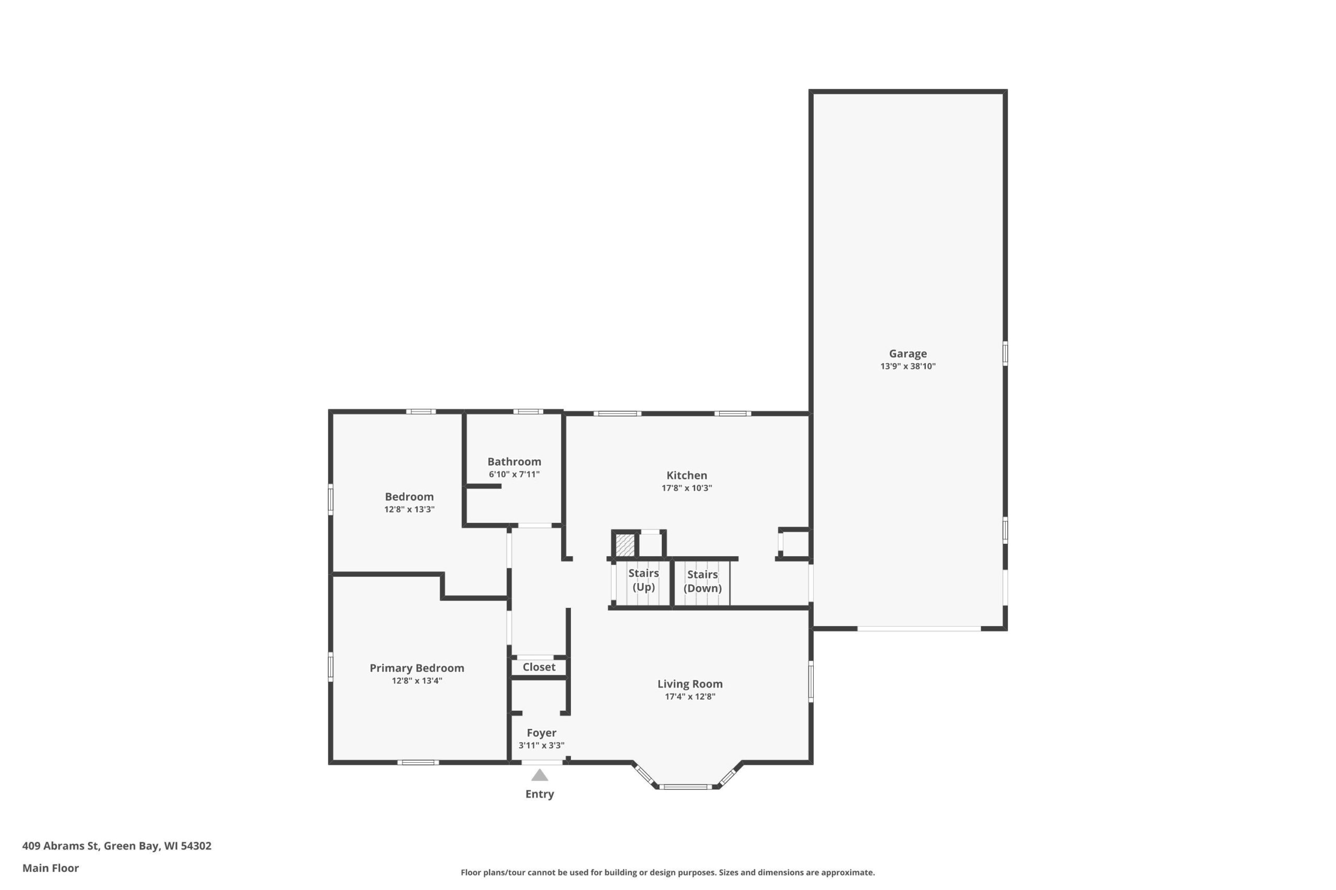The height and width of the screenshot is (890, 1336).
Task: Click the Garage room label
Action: pos(908,353)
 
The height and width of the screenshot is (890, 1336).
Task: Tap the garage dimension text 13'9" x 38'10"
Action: pos(908,366)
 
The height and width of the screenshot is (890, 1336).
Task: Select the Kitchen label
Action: pos(687,475)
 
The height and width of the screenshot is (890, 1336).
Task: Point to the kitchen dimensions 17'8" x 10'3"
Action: pos(687,487)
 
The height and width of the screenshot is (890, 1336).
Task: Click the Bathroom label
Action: pos(514,461)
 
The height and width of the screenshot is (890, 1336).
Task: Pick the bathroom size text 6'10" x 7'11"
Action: pos(514,474)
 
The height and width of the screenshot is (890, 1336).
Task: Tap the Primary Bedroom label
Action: pos(417,668)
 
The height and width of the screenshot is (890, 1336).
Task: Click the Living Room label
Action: pos(690,684)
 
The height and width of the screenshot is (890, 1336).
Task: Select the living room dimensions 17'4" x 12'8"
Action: pos(690,697)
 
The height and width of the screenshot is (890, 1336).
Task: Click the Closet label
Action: pos(539,667)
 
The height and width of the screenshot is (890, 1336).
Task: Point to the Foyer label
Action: pos(541,733)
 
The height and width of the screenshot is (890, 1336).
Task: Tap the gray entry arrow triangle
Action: pos(540,775)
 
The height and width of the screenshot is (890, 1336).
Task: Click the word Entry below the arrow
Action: pos(540,794)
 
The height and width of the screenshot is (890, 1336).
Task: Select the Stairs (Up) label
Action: pos(643,580)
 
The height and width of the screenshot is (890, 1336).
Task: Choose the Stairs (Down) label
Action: pos(702,581)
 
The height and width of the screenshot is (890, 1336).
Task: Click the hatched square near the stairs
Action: pos(625,545)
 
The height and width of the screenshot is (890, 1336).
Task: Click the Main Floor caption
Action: pos(51,868)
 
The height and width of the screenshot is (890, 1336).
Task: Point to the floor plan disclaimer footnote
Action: pos(667,872)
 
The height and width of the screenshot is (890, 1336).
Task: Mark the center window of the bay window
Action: pos(685,787)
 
